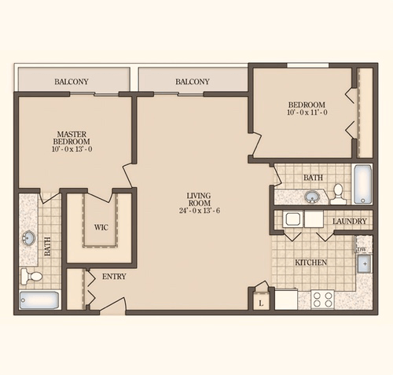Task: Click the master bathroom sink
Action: pos(29,237)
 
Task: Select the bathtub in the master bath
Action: pos(38,300)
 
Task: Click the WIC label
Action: pos(101,228)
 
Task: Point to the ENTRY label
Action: pos(114,277)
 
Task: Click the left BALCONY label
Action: pos(72,82)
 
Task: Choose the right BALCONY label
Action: pos(193,82)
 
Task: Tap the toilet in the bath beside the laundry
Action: pos(338,192)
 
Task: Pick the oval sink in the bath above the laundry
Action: pos(312,196)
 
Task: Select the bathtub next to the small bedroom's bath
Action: pos(362,185)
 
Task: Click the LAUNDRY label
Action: pos(349,222)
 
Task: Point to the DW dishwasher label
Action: pos(362,250)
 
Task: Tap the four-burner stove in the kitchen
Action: pos(322,299)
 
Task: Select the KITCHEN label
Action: pos(311,262)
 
